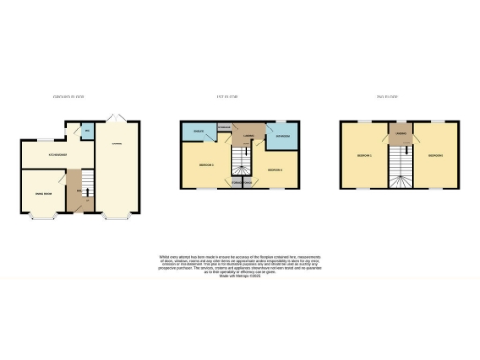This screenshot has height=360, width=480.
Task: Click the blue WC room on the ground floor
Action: pos(87,132)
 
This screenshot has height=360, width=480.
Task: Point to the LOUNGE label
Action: pos(116,142)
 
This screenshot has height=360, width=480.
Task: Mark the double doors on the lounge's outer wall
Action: pos(117,117)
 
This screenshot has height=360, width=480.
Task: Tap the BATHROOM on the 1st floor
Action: pos(282,137)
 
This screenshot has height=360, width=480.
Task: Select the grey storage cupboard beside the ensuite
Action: pos(223,127)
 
